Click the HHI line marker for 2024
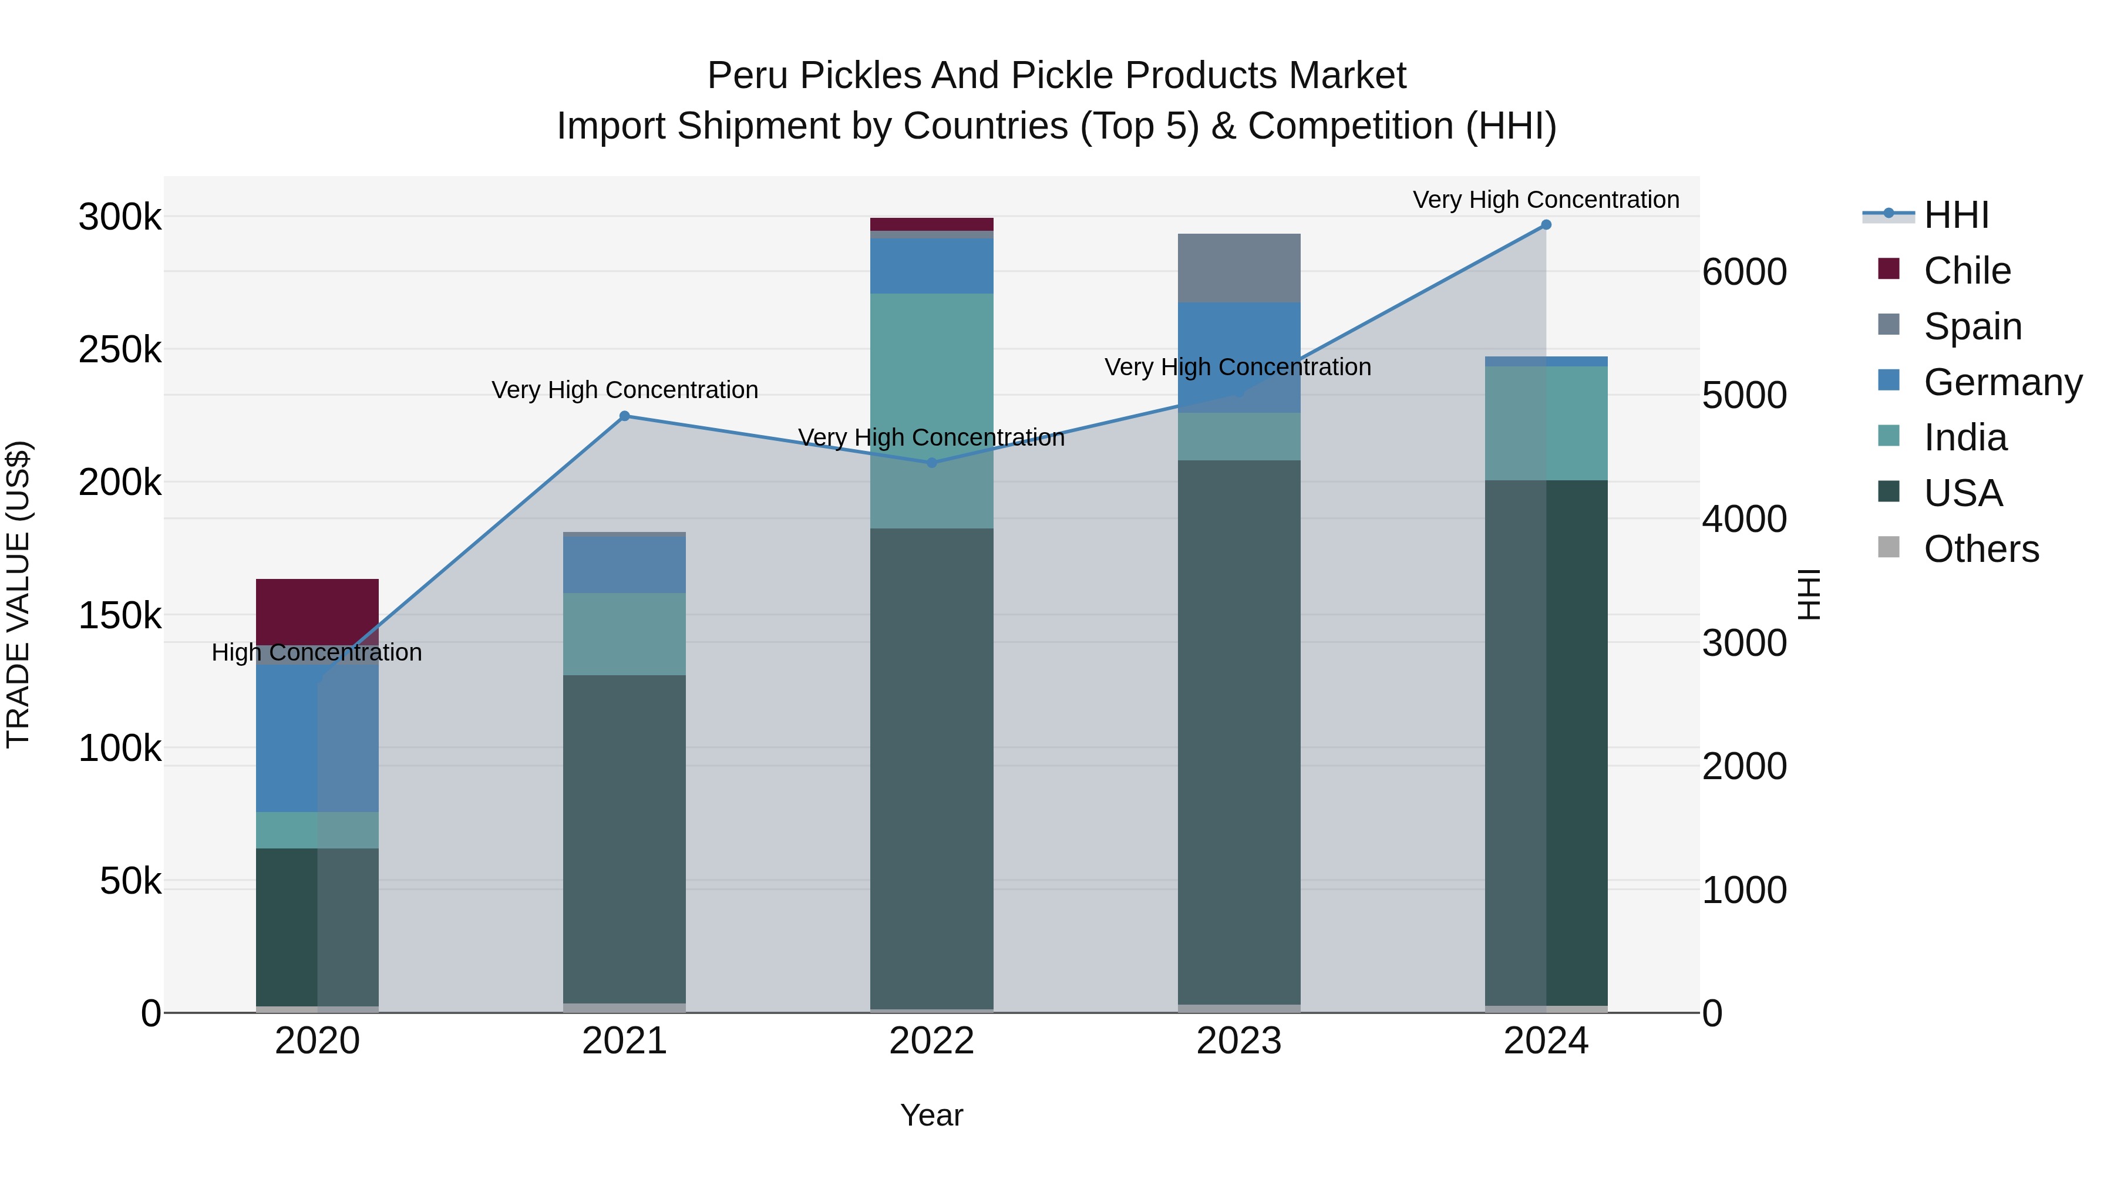(x=1546, y=224)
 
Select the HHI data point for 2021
(x=625, y=416)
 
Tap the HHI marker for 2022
(x=931, y=463)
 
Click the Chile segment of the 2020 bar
(x=317, y=611)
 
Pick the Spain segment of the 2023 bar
(x=1238, y=268)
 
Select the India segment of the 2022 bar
(x=931, y=410)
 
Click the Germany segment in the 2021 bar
(x=625, y=564)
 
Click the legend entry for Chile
(x=1966, y=271)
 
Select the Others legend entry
(x=1980, y=549)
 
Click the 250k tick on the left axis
(x=120, y=351)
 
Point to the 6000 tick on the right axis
(x=1744, y=272)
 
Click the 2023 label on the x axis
(x=1238, y=1041)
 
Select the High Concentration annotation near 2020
(x=317, y=652)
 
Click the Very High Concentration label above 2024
(x=1546, y=200)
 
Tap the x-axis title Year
(x=931, y=1115)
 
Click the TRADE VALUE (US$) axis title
(x=18, y=594)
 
